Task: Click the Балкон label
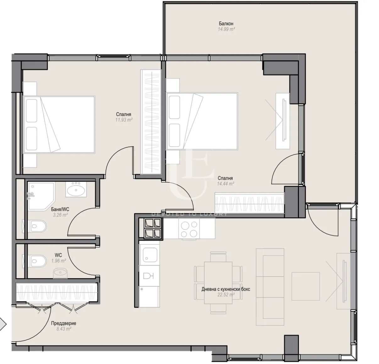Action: click(226, 24)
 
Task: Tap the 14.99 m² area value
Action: click(226, 29)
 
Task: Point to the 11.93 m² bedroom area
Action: click(124, 120)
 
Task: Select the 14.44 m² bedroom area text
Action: click(225, 184)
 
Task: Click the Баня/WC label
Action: click(60, 209)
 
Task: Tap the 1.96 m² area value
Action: click(58, 261)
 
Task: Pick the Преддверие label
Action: click(64, 323)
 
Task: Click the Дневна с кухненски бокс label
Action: click(226, 289)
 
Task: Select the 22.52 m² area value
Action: click(226, 295)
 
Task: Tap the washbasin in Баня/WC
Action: click(75, 190)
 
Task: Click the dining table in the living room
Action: click(218, 283)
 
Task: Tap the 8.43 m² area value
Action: click(64, 329)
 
